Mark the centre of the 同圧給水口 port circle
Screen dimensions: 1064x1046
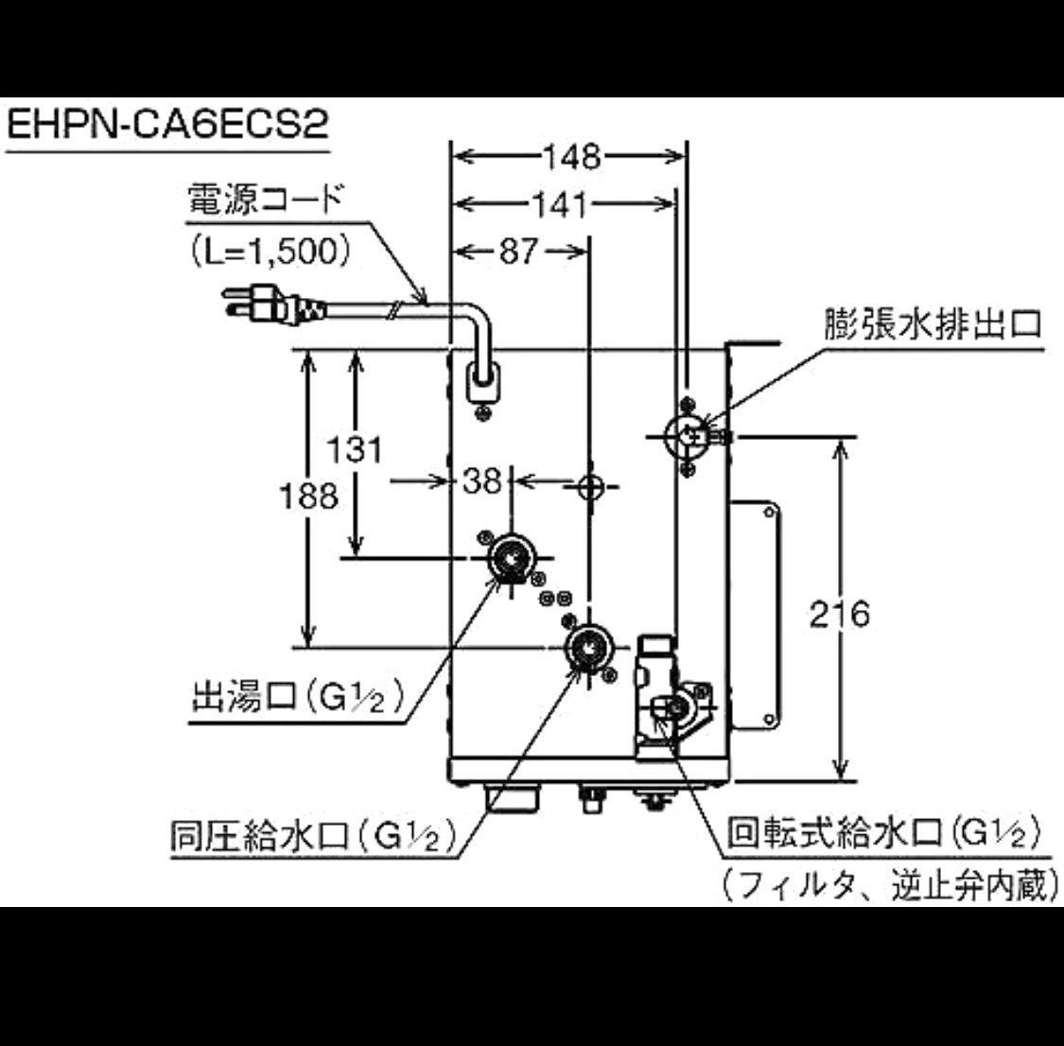click(588, 649)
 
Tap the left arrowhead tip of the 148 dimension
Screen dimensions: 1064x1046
click(453, 157)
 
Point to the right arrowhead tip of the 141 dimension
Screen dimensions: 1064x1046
click(675, 202)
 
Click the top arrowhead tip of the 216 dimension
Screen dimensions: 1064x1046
click(841, 440)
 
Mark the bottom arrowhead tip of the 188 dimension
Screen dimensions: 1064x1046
click(308, 647)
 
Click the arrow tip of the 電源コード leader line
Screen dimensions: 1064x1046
click(427, 304)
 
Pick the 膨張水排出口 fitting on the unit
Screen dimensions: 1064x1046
click(688, 435)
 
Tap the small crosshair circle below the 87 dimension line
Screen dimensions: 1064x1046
click(589, 486)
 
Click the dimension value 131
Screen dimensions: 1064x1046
click(355, 449)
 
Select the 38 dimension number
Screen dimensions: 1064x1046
click(481, 481)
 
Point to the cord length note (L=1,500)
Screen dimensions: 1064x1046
click(270, 251)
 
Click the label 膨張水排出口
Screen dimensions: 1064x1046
click(933, 324)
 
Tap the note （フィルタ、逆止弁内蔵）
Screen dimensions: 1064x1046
click(889, 884)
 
